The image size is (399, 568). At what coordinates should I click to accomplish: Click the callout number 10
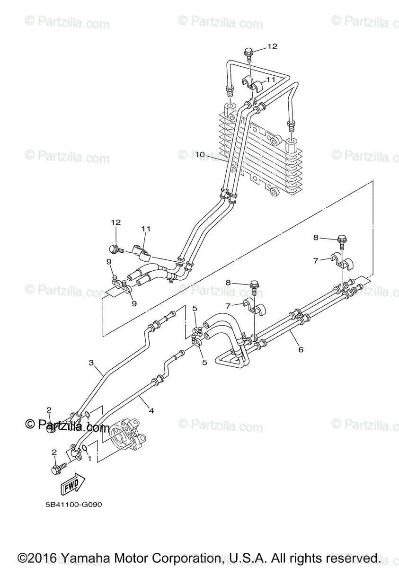coord(199,154)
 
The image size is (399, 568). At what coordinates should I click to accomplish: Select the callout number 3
coord(92,363)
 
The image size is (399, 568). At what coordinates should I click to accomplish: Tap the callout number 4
coord(151,411)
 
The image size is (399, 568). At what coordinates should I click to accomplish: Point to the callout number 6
coord(301,350)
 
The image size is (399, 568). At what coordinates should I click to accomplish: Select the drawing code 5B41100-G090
coord(71,505)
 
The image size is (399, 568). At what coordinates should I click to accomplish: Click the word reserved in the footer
coord(348,558)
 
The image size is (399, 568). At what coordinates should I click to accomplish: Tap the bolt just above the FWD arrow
coord(57,470)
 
